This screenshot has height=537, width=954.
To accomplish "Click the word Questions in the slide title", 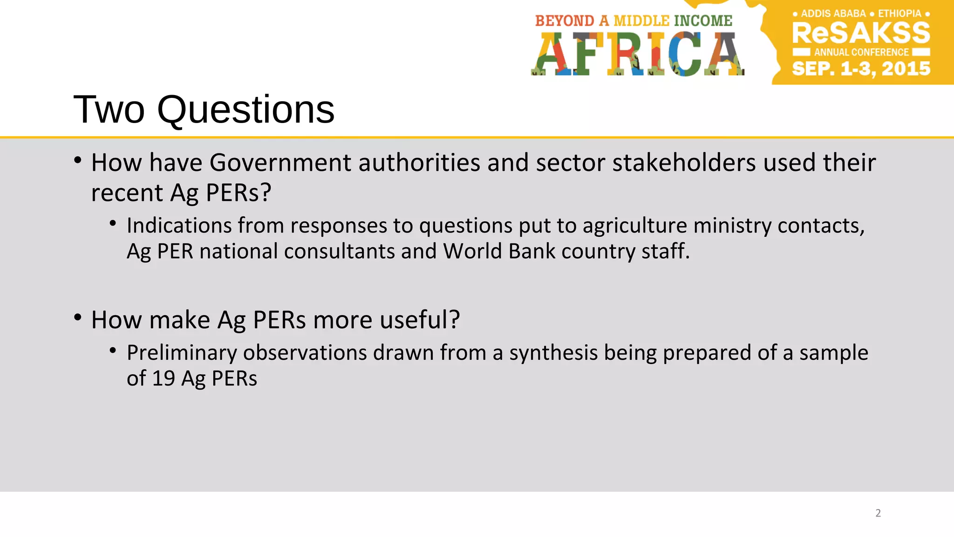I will pyautogui.click(x=245, y=110).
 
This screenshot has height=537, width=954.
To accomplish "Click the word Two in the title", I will pyautogui.click(x=109, y=110).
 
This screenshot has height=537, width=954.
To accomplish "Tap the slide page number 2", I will pyautogui.click(x=878, y=513).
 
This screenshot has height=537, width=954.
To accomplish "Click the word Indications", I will pyautogui.click(x=179, y=226).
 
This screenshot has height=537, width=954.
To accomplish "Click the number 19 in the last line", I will pyautogui.click(x=164, y=379).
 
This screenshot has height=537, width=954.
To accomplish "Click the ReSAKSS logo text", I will pyautogui.click(x=861, y=33).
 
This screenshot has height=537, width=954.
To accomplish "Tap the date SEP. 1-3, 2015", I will pyautogui.click(x=861, y=69).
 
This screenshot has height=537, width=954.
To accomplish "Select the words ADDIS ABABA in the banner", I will pyautogui.click(x=833, y=14).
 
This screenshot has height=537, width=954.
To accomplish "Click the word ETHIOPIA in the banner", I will pyautogui.click(x=899, y=14).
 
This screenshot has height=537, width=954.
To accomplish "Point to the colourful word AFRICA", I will pyautogui.click(x=637, y=54).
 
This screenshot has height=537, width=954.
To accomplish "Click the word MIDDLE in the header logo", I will pyautogui.click(x=641, y=21).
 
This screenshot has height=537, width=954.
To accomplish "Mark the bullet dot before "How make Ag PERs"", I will pyautogui.click(x=78, y=317).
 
